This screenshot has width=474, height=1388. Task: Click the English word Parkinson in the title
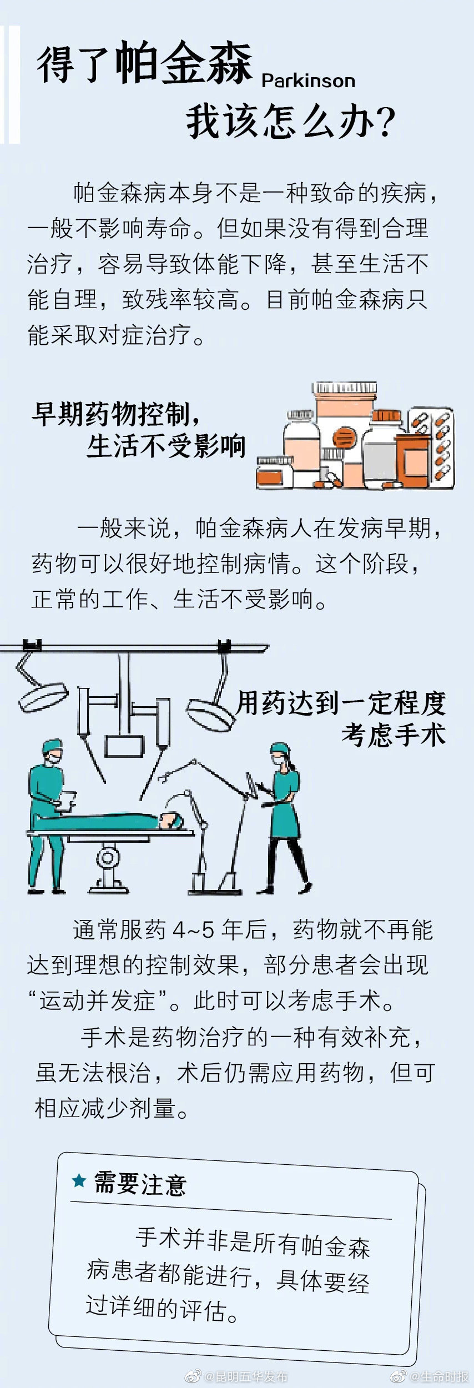308,81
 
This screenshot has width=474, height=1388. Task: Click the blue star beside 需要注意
79,1181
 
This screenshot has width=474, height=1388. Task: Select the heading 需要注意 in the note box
139,1184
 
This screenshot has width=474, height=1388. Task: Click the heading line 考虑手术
393,735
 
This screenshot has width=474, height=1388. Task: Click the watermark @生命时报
438,1376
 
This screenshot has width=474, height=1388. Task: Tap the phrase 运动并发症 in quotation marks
97,1000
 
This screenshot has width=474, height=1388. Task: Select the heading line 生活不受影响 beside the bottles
166,446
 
